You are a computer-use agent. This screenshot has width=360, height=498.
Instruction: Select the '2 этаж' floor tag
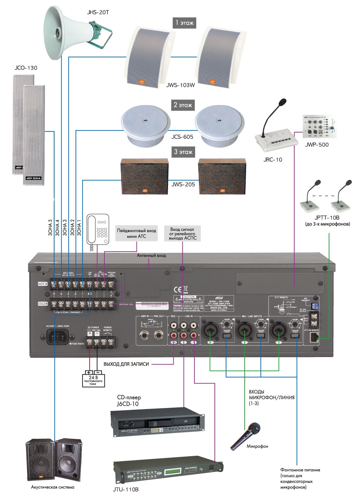click(183, 105)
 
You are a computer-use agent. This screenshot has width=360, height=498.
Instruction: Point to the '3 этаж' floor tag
click(183, 152)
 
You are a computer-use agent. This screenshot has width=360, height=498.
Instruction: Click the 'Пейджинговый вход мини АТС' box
click(136, 233)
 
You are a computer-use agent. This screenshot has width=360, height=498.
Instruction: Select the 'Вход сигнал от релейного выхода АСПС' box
click(182, 234)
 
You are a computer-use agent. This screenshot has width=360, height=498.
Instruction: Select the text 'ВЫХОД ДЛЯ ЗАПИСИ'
click(126, 364)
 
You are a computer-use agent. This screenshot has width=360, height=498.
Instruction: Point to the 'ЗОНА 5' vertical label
click(50, 228)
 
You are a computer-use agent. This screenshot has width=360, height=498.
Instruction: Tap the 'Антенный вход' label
click(151, 256)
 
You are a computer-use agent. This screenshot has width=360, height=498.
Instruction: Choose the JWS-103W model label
click(180, 85)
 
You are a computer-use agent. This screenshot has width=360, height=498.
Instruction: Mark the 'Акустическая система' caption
click(53, 487)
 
